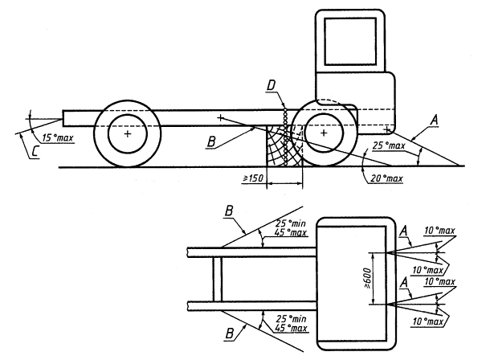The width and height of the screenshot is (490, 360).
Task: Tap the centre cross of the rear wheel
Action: click(x=126, y=135)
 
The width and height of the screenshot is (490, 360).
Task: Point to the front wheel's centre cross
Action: click(x=322, y=134)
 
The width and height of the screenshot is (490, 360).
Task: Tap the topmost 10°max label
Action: click(x=440, y=231)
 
